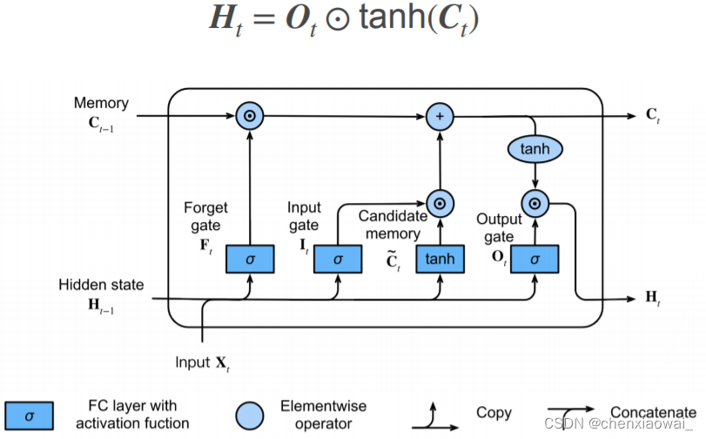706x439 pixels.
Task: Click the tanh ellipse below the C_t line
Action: pyautogui.click(x=535, y=149)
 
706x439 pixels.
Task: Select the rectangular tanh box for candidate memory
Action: pyautogui.click(x=440, y=259)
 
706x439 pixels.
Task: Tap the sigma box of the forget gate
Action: pyautogui.click(x=250, y=259)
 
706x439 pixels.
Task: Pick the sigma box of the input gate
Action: pyautogui.click(x=338, y=259)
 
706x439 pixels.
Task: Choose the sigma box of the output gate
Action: pyautogui.click(x=535, y=259)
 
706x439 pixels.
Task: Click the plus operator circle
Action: pyautogui.click(x=440, y=116)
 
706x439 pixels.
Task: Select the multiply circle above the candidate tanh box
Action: pyautogui.click(x=440, y=204)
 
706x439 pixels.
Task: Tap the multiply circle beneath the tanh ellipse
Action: pyautogui.click(x=535, y=204)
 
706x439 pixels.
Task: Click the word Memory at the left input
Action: pyautogui.click(x=101, y=103)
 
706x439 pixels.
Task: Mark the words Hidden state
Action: pyautogui.click(x=101, y=285)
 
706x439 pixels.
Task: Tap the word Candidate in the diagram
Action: pyautogui.click(x=393, y=215)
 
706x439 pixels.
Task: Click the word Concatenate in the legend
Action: pyautogui.click(x=652, y=412)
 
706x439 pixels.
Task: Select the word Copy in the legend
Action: pyautogui.click(x=494, y=412)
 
